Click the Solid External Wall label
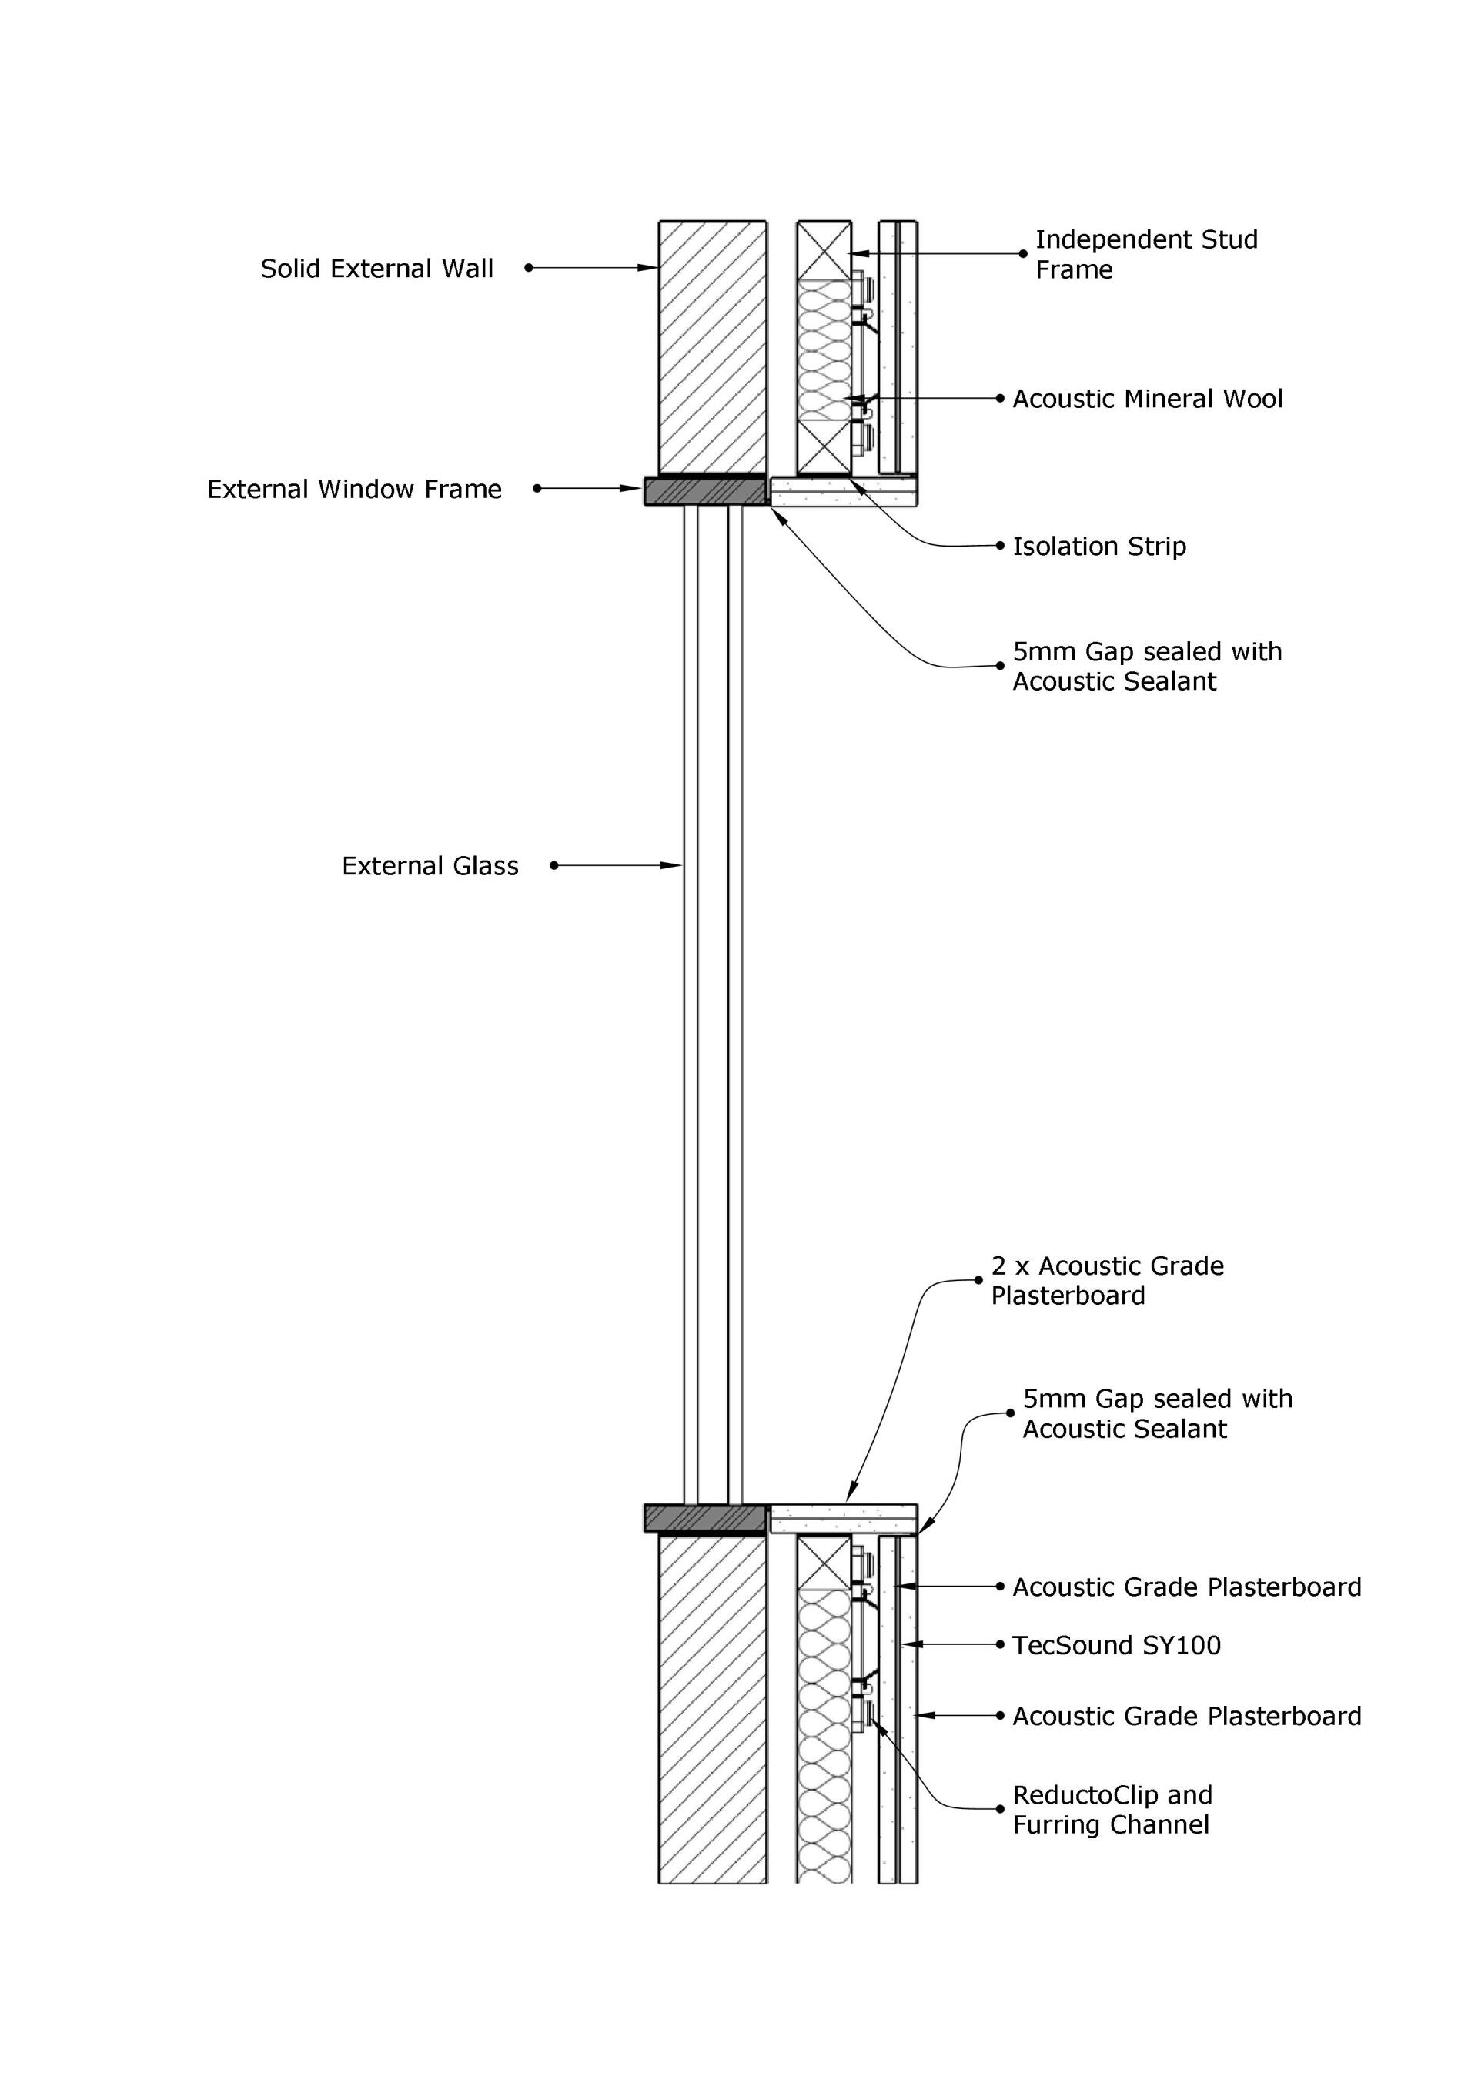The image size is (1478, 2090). (376, 269)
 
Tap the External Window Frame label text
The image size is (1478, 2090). (354, 490)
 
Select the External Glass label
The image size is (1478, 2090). (430, 866)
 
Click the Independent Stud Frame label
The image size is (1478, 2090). (1145, 254)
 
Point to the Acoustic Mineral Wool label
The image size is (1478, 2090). (1147, 399)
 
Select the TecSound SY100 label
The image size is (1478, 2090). (1115, 1645)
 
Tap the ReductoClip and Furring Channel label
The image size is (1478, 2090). (1112, 1810)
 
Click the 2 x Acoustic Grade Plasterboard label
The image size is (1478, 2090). (1107, 1280)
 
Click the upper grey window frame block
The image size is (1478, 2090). (705, 492)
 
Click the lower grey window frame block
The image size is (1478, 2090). (705, 1518)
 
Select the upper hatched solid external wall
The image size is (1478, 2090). (712, 346)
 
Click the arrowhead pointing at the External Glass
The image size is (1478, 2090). (673, 866)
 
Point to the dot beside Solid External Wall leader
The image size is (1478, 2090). (529, 268)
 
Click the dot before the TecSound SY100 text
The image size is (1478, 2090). (1000, 1645)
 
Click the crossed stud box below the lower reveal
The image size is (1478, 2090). (824, 1564)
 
